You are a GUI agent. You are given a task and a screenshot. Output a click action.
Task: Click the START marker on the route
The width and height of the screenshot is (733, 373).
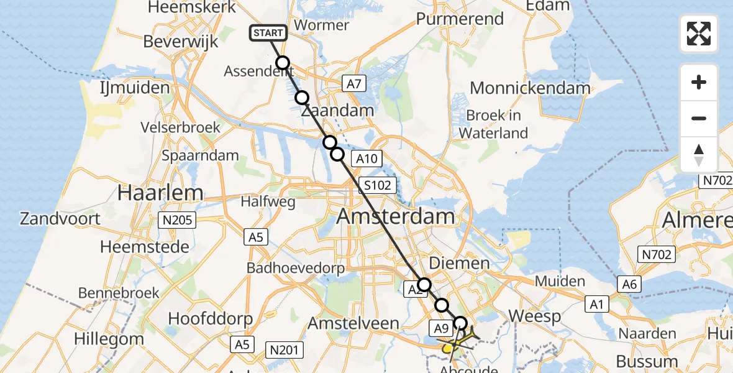coord(268,33)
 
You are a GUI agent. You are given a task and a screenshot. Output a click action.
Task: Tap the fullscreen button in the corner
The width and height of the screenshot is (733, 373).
coord(699,34)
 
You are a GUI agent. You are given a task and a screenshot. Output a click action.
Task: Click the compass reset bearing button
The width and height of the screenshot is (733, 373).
coord(699,155)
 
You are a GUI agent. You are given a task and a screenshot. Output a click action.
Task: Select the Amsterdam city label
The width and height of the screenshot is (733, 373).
coord(396,218)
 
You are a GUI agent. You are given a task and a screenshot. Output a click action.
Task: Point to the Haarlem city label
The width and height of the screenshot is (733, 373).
coord(160,193)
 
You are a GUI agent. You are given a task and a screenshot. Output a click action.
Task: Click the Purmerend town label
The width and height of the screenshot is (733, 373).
coord(460,19)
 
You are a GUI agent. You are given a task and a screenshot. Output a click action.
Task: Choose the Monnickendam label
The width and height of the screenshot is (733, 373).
coord(530,88)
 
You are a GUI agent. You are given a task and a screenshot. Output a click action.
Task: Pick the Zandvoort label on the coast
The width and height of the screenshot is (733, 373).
coord(60,219)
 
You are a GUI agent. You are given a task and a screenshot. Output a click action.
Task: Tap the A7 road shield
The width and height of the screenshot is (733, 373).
coord(353,83)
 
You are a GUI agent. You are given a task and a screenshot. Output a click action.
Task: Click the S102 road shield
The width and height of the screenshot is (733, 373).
coord(377,185)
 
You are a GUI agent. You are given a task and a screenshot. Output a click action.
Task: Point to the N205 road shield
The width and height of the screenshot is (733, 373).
coord(179,219)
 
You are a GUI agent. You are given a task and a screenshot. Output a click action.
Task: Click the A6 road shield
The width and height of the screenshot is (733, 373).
coord(629,284)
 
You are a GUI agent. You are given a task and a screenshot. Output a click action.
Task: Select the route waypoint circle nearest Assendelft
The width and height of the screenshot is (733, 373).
coord(283,62)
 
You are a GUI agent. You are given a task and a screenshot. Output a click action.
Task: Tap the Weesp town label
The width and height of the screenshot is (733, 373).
coord(535,316)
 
